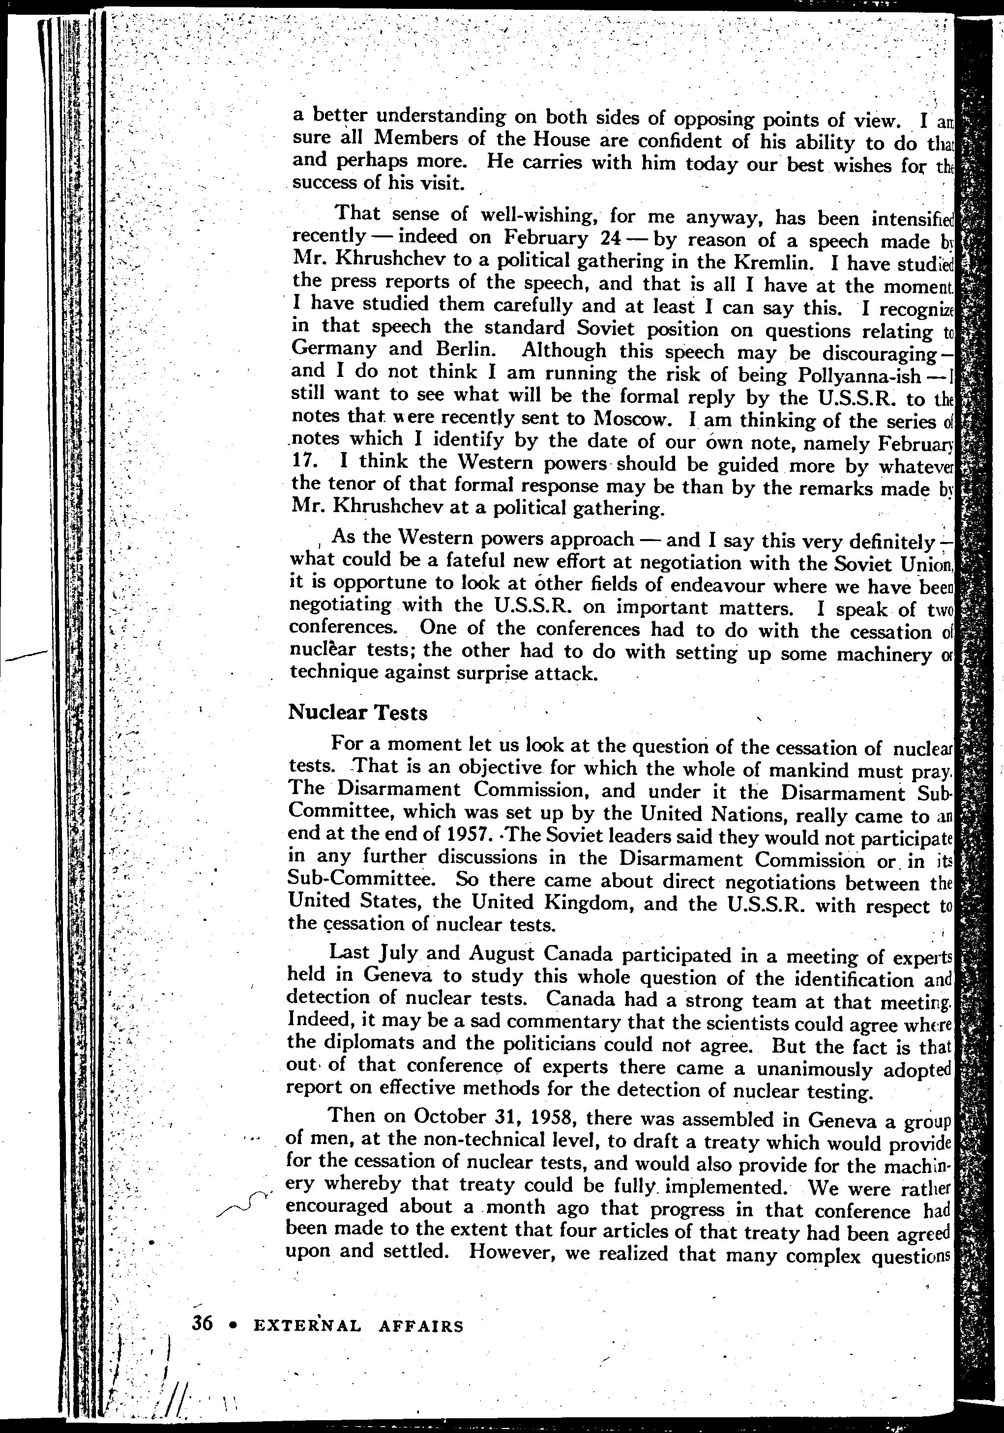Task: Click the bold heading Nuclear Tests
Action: [x=358, y=713]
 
